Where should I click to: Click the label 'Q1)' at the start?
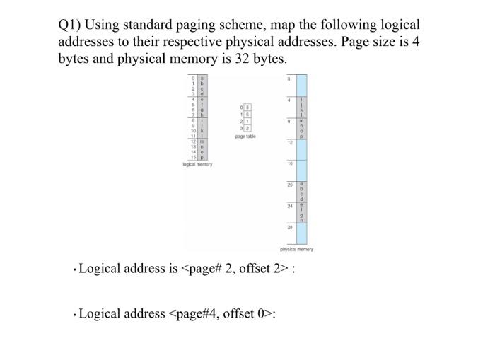(x=71, y=25)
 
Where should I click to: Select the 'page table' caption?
(x=245, y=137)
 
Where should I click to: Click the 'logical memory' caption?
(x=197, y=164)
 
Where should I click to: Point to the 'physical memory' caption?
(x=296, y=249)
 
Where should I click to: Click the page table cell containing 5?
(x=249, y=108)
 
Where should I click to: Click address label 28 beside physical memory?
(x=289, y=228)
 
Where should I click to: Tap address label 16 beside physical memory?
(x=289, y=163)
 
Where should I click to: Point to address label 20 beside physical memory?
(x=289, y=185)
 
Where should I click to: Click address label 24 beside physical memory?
(x=289, y=207)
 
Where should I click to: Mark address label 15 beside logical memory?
(x=192, y=158)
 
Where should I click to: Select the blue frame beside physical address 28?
(x=301, y=233)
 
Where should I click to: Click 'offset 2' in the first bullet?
(x=263, y=269)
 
